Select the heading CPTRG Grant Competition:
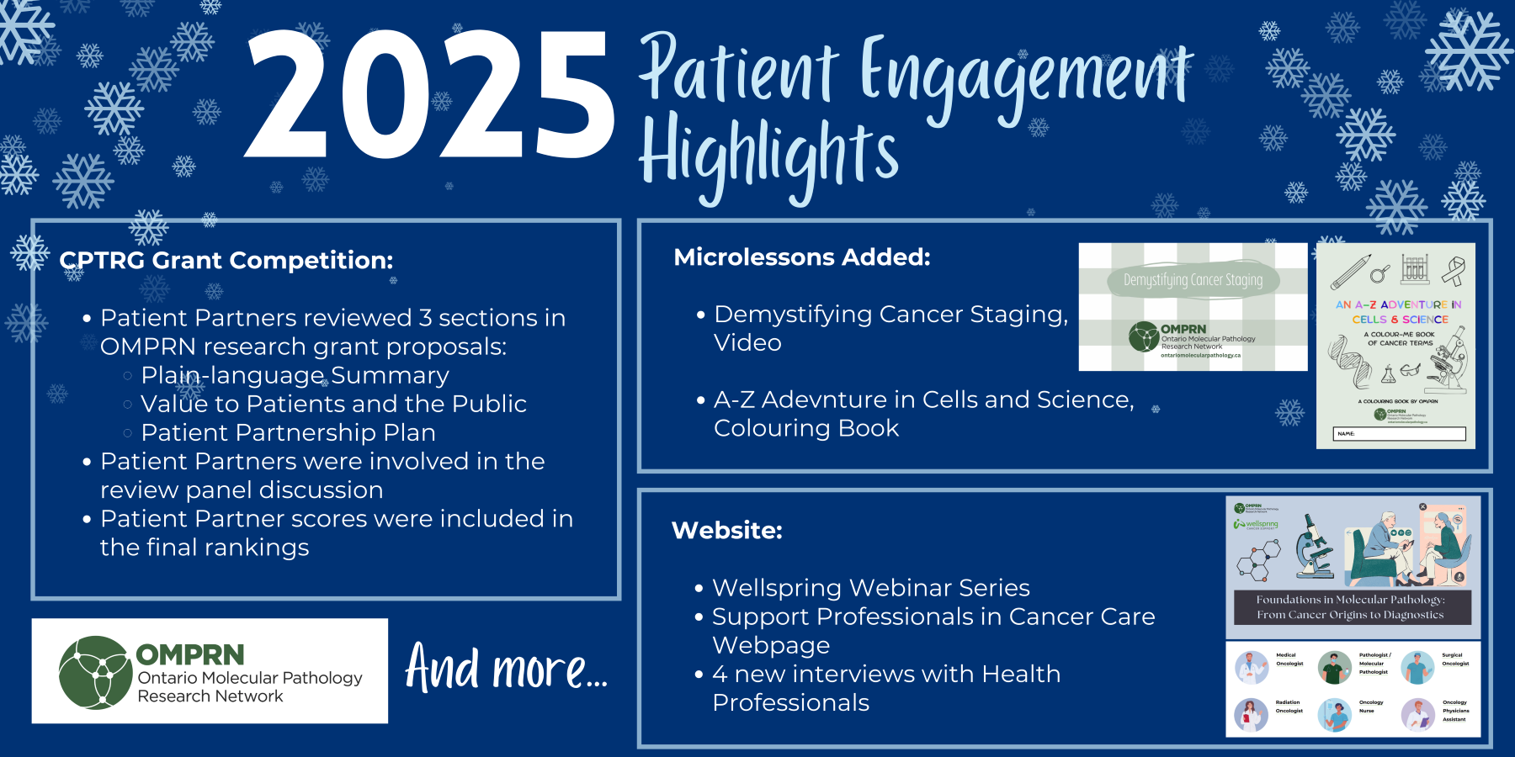(x=226, y=261)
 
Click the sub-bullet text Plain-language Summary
(x=295, y=375)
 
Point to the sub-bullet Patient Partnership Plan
(x=288, y=432)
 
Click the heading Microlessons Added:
(x=801, y=257)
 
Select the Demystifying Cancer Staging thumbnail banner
(x=1193, y=280)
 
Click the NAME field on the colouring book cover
(x=1401, y=434)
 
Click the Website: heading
(x=726, y=531)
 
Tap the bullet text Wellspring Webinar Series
(x=870, y=588)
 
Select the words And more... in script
(x=506, y=669)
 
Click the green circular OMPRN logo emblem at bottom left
(x=95, y=672)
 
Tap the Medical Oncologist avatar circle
(x=1252, y=668)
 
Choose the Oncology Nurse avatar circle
(x=1334, y=715)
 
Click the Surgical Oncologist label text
(x=1455, y=659)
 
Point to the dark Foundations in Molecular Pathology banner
(x=1350, y=607)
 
